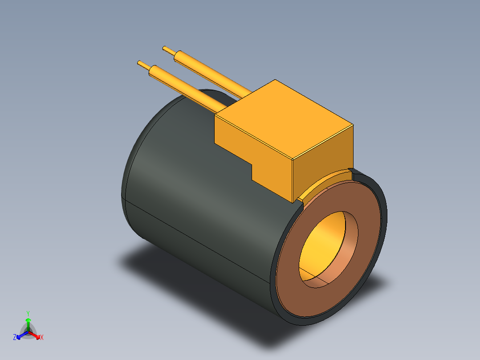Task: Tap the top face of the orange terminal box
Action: tap(284, 119)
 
